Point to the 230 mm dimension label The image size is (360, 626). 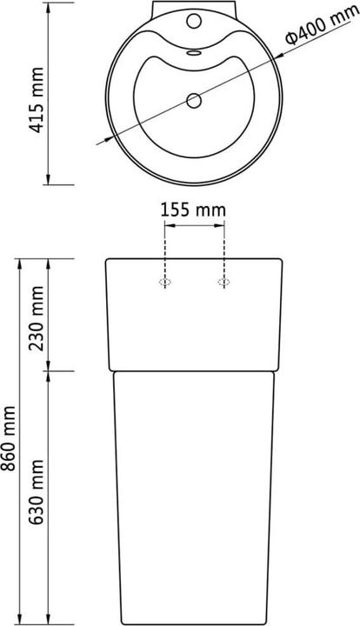(36, 317)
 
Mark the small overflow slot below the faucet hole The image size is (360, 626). (193, 51)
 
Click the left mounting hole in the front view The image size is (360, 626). (164, 282)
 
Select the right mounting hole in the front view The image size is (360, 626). (223, 282)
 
